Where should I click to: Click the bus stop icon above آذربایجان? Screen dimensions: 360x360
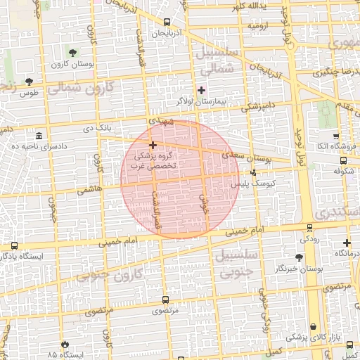click(167, 22)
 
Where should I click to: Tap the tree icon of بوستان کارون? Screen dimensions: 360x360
click(73, 53)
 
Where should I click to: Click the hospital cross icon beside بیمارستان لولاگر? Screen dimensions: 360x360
click(202, 90)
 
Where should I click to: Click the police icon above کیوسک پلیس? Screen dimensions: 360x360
click(253, 172)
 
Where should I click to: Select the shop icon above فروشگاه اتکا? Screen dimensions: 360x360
click(335, 136)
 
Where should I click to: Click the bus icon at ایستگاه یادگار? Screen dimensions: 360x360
click(15, 245)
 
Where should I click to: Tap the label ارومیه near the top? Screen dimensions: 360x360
click(258, 26)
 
